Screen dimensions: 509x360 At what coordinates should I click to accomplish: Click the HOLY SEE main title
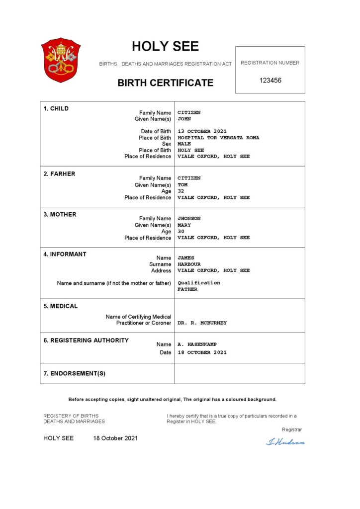[165, 46]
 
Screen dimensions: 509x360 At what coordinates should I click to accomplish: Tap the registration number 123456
[270, 80]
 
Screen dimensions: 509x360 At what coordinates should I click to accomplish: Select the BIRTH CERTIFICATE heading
[165, 83]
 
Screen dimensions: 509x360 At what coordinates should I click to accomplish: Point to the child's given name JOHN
[184, 119]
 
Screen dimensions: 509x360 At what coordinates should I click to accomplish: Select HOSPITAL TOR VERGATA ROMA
[218, 138]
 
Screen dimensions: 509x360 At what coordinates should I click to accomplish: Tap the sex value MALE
[184, 144]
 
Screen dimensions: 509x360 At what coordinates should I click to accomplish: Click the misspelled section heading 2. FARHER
[59, 174]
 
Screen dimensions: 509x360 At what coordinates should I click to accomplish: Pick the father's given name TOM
[182, 184]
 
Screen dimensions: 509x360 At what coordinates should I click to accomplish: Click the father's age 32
[181, 191]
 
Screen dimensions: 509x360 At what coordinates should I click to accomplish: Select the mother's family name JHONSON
[189, 218]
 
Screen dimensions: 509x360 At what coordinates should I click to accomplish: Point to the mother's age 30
[181, 231]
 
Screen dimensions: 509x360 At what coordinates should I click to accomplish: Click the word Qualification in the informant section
[198, 282]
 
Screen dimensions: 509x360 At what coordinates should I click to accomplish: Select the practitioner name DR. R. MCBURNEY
[202, 323]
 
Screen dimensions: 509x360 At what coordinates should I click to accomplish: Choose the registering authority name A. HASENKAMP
[197, 344]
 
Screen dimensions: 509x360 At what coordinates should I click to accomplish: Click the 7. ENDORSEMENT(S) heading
[75, 373]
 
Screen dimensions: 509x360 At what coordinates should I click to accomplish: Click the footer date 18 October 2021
[115, 438]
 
